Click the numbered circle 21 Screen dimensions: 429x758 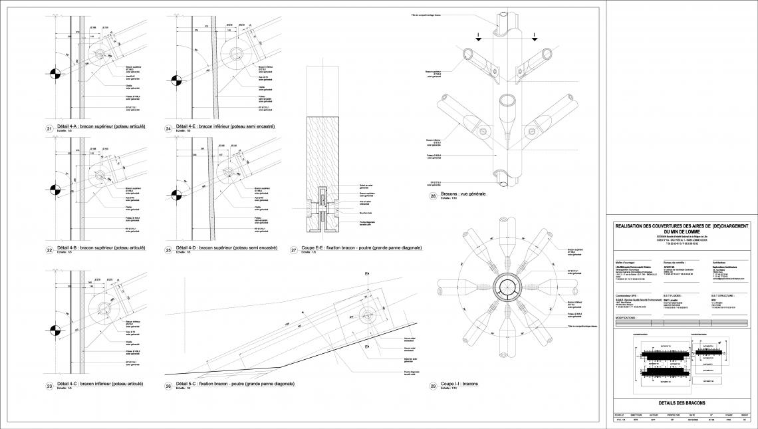pos(49,128)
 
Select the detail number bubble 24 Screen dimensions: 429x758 pos(170,128)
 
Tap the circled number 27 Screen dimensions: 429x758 pos(294,249)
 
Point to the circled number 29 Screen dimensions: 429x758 pos(433,385)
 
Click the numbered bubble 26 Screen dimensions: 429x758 pos(170,385)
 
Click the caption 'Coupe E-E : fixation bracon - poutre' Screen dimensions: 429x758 pos(361,248)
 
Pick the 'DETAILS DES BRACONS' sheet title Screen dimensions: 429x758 pos(681,403)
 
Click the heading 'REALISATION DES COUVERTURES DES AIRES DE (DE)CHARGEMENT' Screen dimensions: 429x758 pos(682,227)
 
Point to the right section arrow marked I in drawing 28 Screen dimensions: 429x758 pos(529,41)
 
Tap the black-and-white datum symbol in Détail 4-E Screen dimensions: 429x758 pos(176,81)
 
